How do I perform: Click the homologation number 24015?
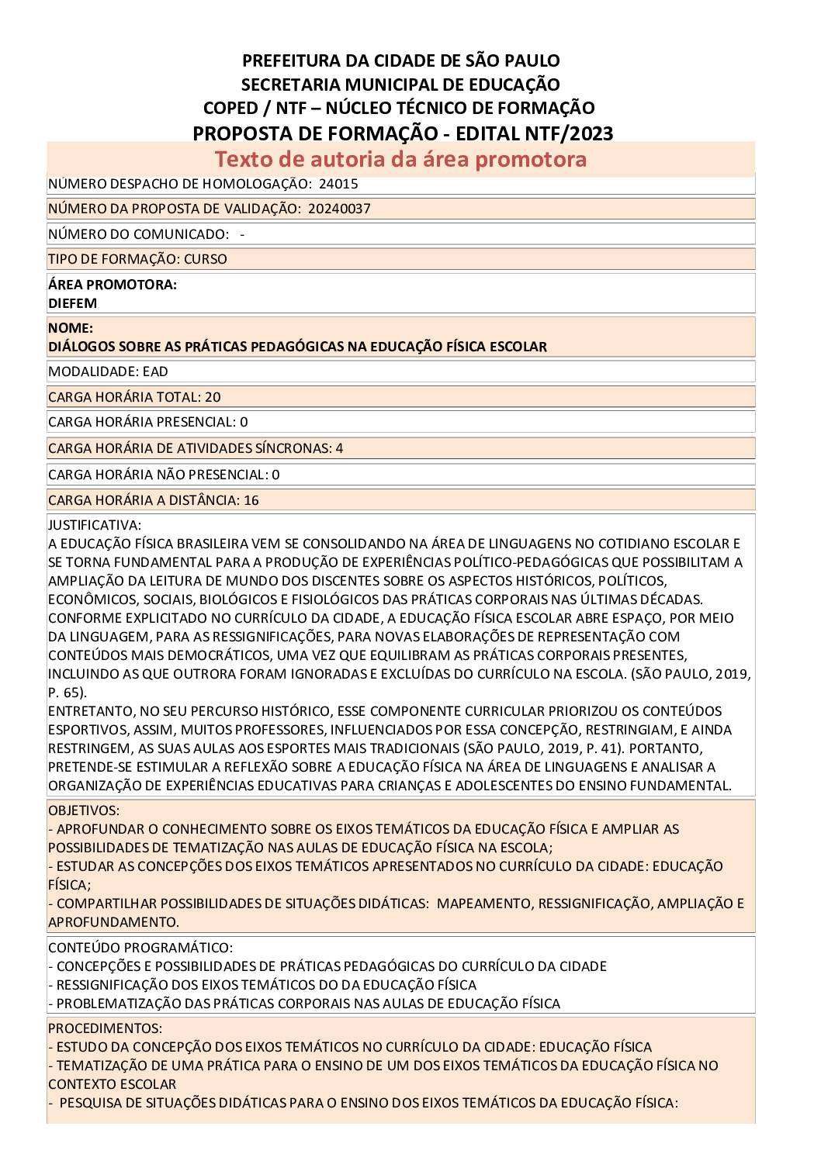point(338,184)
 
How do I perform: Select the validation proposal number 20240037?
point(339,209)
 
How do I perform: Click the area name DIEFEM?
point(72,303)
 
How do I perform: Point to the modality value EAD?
point(155,371)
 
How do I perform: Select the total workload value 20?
point(213,397)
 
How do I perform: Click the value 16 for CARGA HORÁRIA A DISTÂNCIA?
point(251,500)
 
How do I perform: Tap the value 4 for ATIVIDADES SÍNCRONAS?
point(339,448)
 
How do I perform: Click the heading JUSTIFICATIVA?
point(95,525)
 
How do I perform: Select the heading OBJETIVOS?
point(84,810)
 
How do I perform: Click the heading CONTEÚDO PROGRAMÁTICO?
point(140,948)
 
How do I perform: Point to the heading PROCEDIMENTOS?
point(105,1028)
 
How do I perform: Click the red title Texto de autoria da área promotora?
point(400,159)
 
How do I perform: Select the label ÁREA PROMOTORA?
point(113,285)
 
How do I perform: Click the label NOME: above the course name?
point(71,328)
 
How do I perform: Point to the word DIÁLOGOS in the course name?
point(79,347)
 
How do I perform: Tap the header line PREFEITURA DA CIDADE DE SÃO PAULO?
point(400,60)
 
